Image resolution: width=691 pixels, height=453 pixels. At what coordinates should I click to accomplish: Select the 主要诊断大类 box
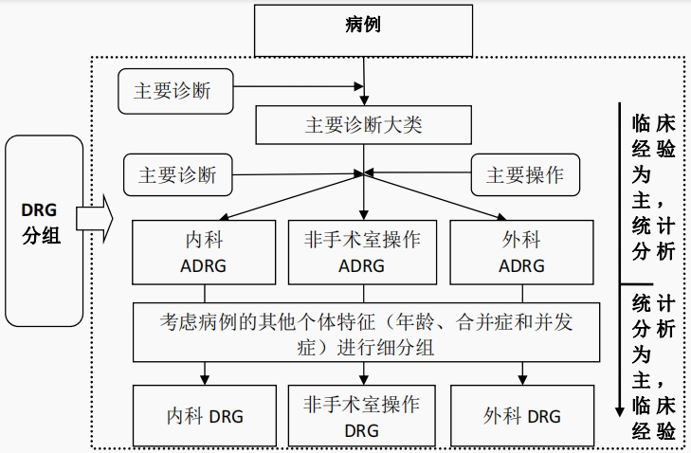[363, 124]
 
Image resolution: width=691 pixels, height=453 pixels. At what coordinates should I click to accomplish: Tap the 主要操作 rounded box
[524, 175]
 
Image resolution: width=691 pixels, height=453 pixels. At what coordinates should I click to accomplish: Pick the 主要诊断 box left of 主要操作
[177, 175]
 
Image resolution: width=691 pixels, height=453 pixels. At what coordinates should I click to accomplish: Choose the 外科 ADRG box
[521, 252]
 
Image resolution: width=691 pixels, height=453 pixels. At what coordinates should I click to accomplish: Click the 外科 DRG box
[521, 416]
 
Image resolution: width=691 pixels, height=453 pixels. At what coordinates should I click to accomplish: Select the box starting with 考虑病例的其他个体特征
[366, 333]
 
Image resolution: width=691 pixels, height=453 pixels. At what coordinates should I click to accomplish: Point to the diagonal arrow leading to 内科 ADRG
[284, 197]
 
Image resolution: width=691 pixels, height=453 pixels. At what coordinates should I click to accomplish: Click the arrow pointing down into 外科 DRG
[521, 373]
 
